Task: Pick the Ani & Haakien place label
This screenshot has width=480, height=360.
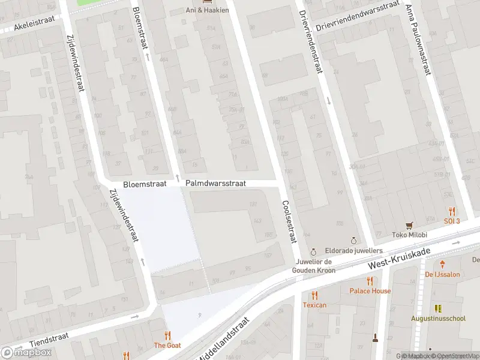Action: (208, 10)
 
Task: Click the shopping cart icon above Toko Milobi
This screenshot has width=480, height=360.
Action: (410, 225)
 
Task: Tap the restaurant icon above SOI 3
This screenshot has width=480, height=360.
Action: (452, 211)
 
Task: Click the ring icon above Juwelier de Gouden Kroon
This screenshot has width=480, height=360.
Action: (313, 252)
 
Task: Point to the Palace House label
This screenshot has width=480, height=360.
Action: (370, 291)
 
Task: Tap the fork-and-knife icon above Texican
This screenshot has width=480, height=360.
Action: (314, 295)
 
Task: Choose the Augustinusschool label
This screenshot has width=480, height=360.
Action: (438, 319)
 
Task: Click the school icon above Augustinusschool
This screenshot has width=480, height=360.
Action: (438, 308)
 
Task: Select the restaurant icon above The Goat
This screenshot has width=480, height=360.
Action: (167, 335)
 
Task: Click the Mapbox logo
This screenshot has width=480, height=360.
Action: (26, 352)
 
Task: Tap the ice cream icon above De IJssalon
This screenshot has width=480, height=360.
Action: (442, 264)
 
